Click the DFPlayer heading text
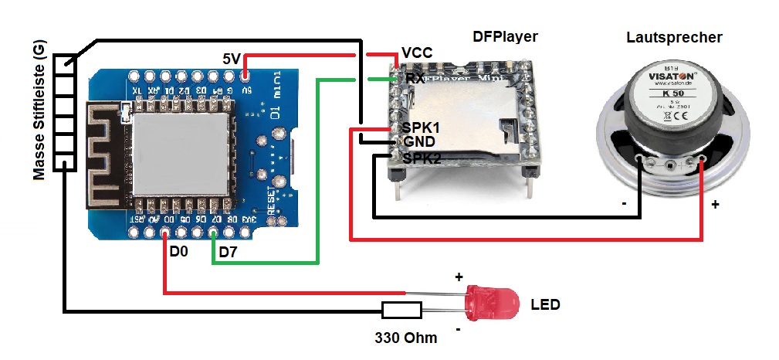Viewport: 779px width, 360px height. (x=504, y=36)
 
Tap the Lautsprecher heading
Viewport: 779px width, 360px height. (x=675, y=37)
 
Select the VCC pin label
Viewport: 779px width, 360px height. (x=417, y=53)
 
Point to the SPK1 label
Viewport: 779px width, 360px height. (x=421, y=127)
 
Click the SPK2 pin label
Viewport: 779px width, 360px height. (x=421, y=158)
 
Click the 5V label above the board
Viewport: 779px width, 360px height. (x=232, y=59)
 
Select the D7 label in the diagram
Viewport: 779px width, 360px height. (x=229, y=252)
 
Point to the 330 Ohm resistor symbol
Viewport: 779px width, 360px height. (x=401, y=311)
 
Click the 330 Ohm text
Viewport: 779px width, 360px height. (x=405, y=338)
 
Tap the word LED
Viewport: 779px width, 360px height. (x=545, y=304)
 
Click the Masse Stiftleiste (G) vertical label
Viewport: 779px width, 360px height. (x=41, y=111)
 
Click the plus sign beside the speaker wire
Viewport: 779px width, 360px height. (x=715, y=205)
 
